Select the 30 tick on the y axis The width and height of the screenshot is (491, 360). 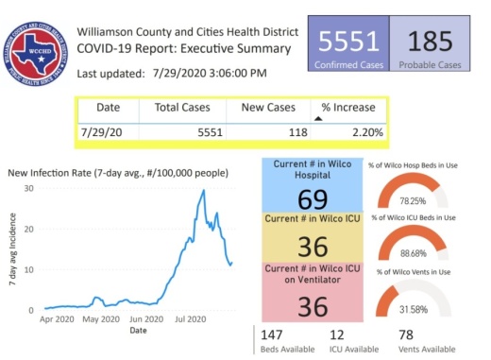coord(28,188)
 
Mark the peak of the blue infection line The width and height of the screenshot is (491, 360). coord(203,191)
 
